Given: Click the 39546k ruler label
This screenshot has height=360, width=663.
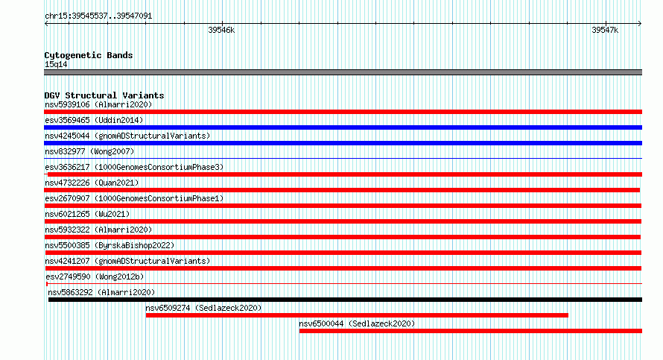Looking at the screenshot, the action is (221, 30).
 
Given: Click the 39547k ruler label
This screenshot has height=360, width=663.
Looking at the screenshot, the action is (605, 30).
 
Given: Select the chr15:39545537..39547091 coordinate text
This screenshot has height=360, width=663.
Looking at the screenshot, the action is (98, 16).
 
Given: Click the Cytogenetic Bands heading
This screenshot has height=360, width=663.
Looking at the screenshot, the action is (89, 55).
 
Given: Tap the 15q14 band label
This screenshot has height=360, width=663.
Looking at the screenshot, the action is (56, 64).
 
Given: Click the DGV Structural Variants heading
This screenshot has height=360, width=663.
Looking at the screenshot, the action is (104, 95).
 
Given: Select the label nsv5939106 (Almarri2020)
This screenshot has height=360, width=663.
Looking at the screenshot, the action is (98, 104).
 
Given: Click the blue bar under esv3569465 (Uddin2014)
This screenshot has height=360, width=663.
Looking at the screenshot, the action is (343, 127).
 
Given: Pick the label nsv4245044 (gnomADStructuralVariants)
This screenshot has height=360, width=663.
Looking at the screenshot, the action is (127, 136).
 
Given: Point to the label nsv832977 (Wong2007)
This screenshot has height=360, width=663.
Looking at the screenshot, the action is (89, 151).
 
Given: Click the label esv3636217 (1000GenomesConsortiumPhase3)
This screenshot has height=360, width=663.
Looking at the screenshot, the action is (134, 167).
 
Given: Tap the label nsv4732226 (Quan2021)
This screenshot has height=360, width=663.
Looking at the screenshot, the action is (92, 183).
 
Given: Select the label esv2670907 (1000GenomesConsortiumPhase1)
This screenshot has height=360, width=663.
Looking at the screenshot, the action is (134, 198).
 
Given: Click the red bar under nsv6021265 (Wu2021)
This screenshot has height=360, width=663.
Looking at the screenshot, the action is (343, 221).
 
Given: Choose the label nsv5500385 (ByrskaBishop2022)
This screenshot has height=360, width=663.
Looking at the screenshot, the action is (110, 245).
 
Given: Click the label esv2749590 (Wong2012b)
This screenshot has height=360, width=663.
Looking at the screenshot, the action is (95, 277).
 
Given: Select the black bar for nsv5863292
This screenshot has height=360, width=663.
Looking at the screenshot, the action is (345, 300).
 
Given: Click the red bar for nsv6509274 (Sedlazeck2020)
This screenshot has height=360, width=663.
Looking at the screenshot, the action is (357, 315).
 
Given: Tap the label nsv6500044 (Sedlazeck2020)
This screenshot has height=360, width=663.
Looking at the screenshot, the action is (357, 323).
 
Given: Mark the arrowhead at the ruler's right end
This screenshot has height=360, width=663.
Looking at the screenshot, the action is (640, 24).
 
